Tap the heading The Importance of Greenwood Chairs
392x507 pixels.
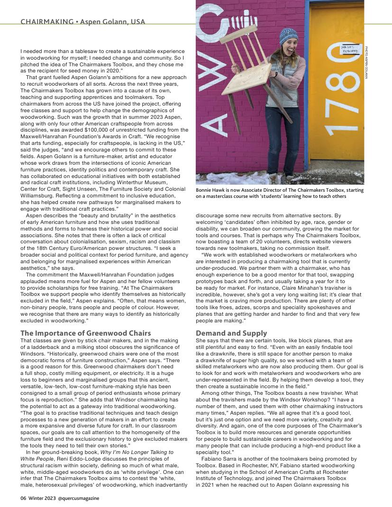coord(85,333)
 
